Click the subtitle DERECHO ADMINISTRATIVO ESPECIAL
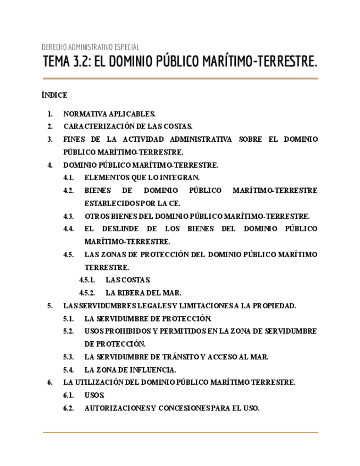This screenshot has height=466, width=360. point(91,47)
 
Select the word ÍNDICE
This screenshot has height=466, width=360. point(54,95)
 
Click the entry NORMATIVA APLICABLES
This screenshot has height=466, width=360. point(109,114)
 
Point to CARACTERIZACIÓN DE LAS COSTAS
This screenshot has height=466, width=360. point(128,127)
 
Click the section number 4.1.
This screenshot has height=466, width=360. point(69,177)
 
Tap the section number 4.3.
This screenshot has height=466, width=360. point(69,216)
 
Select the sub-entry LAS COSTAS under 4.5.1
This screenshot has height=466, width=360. point(128,280)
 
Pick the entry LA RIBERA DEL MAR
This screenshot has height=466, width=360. point(143,293)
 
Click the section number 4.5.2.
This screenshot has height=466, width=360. point(87,293)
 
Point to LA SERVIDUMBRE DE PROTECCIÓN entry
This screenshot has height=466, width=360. point(148,318)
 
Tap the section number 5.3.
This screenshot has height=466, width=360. point(69,357)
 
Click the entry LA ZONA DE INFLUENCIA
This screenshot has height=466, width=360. point(130,370)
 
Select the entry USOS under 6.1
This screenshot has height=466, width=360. point(95,395)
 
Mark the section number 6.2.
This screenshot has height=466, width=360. point(69,408)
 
